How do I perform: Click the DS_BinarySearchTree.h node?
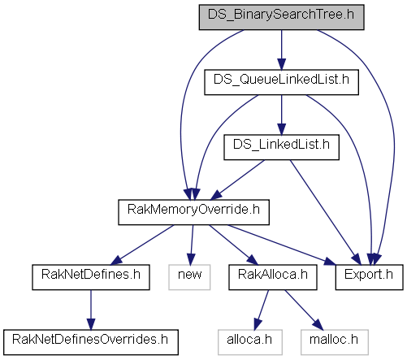pos(281,17)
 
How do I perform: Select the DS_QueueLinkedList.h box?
pos(281,82)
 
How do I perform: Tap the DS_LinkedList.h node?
pos(281,147)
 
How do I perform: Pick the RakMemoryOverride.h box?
pos(193,212)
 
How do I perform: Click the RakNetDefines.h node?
pos(91,277)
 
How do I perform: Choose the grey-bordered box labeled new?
pos(189,277)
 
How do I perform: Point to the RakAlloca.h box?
pos(273,277)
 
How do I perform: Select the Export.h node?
pos(369,277)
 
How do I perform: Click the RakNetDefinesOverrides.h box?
pos(91,342)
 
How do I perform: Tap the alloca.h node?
pos(250,342)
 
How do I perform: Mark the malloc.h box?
pos(335,342)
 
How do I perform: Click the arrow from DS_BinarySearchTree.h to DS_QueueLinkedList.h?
pos(281,50)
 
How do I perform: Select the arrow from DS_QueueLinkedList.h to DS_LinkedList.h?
pos(281,115)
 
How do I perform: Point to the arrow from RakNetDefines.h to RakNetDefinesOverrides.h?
pos(91,310)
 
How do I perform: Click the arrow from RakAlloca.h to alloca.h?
pos(262,310)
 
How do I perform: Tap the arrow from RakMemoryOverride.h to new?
pos(192,245)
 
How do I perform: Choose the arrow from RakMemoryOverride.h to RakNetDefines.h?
pos(142,245)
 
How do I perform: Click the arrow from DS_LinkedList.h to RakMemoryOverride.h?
pos(238,180)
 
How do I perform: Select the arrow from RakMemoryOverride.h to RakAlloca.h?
pos(233,245)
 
